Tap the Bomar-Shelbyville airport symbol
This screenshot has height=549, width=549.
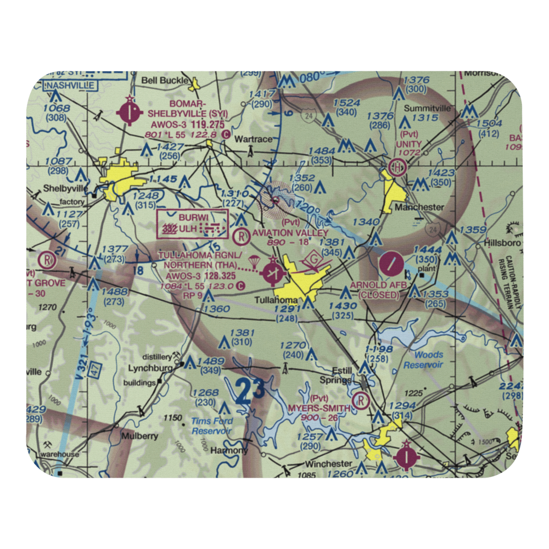pyautogui.click(x=129, y=113)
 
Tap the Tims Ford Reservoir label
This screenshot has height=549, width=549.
pyautogui.click(x=212, y=426)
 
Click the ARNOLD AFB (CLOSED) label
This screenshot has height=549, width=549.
pyautogui.click(x=379, y=290)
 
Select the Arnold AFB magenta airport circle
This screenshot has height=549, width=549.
pyautogui.click(x=390, y=264)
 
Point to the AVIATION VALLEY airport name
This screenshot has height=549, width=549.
pyautogui.click(x=290, y=233)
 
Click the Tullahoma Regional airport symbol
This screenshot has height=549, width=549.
pyautogui.click(x=273, y=272)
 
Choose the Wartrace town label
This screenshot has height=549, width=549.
pyautogui.click(x=253, y=139)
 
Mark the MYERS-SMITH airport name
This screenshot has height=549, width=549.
pyautogui.click(x=319, y=408)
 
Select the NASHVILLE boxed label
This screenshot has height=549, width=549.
pyautogui.click(x=71, y=85)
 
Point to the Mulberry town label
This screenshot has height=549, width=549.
pyautogui.click(x=140, y=436)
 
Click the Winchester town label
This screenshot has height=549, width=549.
pyautogui.click(x=328, y=463)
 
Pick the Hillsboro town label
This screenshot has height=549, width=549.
pyautogui.click(x=502, y=243)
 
